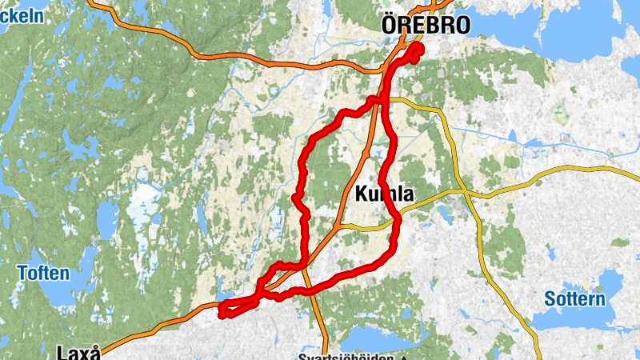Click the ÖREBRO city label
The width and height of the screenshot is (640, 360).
pyautogui.click(x=425, y=24)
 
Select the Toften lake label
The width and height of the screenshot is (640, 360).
pyautogui.click(x=43, y=274)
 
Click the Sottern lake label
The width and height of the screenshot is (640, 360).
pyautogui.click(x=574, y=299)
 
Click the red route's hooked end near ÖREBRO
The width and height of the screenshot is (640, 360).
pyautogui.click(x=418, y=50)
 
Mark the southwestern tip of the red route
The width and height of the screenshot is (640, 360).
pyautogui.click(x=222, y=309)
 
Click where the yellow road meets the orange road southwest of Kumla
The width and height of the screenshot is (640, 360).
pyautogui.click(x=340, y=227)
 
